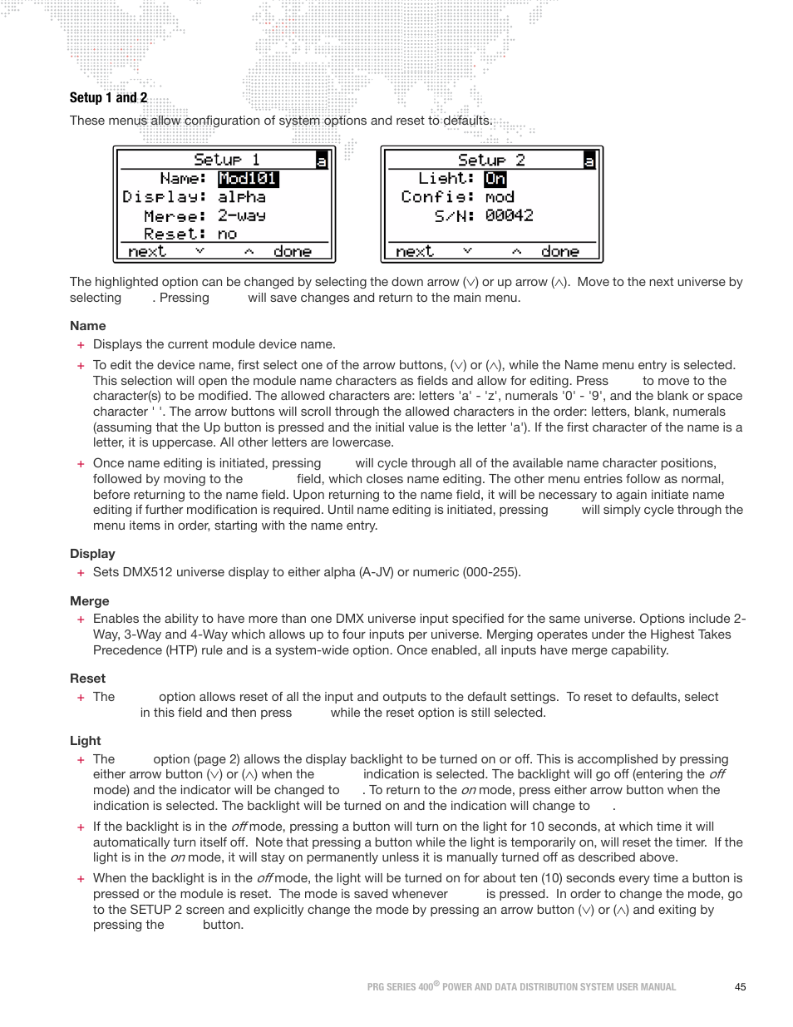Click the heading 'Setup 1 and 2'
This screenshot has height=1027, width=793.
pyautogui.click(x=108, y=98)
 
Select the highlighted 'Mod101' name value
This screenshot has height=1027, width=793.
pyautogui.click(x=248, y=179)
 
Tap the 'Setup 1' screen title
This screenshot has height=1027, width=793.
pyautogui.click(x=226, y=160)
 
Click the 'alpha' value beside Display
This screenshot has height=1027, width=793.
pyautogui.click(x=241, y=197)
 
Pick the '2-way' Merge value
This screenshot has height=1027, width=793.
pyautogui.click(x=241, y=215)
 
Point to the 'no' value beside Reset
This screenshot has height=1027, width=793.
pyautogui.click(x=227, y=235)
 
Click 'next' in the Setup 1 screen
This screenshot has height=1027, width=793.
pyautogui.click(x=147, y=251)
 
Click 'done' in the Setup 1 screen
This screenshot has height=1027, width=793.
pyautogui.click(x=292, y=251)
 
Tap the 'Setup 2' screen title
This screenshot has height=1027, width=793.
pyautogui.click(x=491, y=160)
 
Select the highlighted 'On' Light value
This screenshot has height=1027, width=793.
pyautogui.click(x=495, y=179)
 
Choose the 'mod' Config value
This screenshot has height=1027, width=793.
pyautogui.click(x=499, y=197)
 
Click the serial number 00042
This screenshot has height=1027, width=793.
pyautogui.click(x=509, y=215)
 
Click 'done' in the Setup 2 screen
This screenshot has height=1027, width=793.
pyautogui.click(x=559, y=251)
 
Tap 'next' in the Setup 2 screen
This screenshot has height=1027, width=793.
pyautogui.click(x=414, y=251)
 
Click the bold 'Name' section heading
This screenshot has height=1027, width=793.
pyautogui.click(x=87, y=326)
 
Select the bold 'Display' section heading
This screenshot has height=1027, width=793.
pyautogui.click(x=92, y=554)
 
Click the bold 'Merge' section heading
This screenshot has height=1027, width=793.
pyautogui.click(x=89, y=601)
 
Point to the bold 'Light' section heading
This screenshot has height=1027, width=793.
pyautogui.click(x=85, y=741)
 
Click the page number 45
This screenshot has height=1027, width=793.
pyautogui.click(x=740, y=987)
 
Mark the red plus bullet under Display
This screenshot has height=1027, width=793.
pyautogui.click(x=81, y=573)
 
